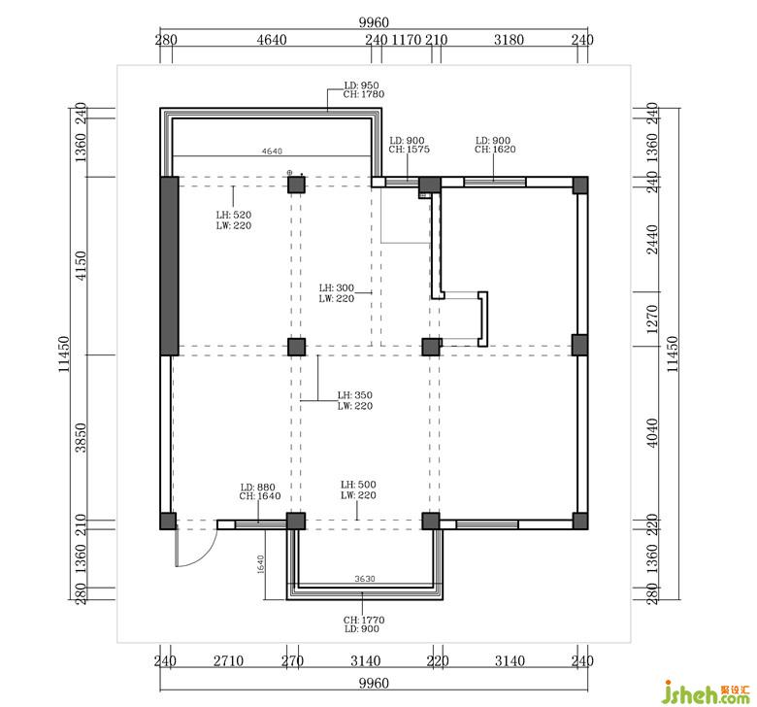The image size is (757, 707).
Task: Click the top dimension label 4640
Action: (272, 40)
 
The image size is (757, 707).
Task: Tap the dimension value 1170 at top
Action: (406, 40)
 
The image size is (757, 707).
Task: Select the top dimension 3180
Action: (509, 40)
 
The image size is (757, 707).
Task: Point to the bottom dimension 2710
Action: (228, 660)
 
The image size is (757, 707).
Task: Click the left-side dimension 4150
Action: (81, 265)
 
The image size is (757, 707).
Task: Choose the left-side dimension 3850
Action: (81, 437)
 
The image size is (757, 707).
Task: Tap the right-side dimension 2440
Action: (652, 239)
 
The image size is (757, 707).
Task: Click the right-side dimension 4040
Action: (652, 433)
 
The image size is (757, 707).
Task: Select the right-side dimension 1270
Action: (652, 319)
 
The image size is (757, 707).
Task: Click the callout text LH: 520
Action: (234, 215)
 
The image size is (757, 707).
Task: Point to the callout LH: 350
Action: (355, 395)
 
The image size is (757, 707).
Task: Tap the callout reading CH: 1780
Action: (364, 94)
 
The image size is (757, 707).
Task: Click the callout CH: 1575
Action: (409, 150)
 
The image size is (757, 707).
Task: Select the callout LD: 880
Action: (258, 488)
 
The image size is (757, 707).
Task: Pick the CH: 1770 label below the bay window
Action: (364, 620)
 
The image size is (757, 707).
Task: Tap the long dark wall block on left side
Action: (170, 266)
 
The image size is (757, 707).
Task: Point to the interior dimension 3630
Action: (365, 579)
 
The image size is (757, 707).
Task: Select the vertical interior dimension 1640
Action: (261, 564)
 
